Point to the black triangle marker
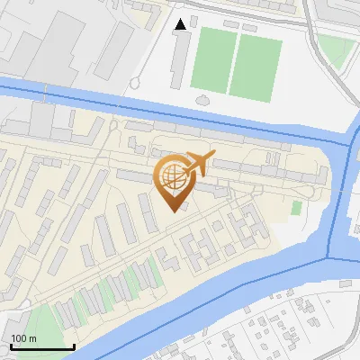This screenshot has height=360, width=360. pyautogui.click(x=182, y=24)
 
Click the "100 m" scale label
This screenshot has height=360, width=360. pyautogui.click(x=24, y=337)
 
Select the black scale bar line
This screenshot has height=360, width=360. pyautogui.click(x=42, y=346)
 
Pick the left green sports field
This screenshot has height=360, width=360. pyautogui.click(x=211, y=59)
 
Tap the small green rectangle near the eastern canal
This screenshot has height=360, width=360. pyautogui.click(x=296, y=208)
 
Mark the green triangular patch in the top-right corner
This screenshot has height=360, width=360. pyautogui.click(x=337, y=51)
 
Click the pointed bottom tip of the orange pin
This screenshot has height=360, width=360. pyautogui.click(x=172, y=211)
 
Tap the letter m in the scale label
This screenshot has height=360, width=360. pyautogui.click(x=33, y=337)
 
